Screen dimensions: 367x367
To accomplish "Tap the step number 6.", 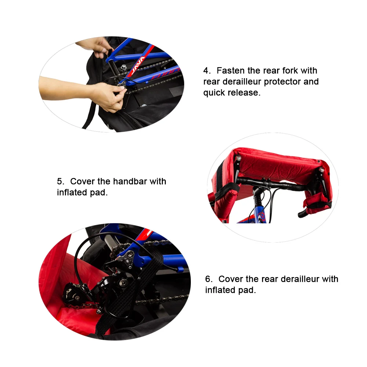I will [x=208, y=279].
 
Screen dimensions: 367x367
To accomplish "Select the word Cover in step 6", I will [x=230, y=279].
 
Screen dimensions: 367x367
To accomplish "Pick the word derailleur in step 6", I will [x=299, y=279].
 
